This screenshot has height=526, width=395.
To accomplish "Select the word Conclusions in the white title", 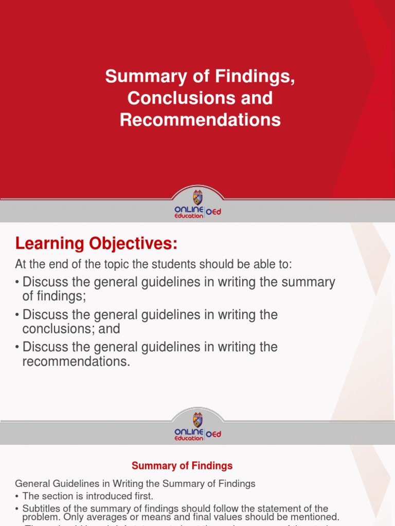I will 174,98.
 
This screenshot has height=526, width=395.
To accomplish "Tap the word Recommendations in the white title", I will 200,120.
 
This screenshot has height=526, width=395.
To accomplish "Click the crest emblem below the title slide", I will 197,198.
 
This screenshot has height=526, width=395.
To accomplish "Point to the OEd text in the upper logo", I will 213,212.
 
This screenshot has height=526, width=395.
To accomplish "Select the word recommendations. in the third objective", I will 76,361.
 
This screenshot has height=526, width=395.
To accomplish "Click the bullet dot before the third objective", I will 17,347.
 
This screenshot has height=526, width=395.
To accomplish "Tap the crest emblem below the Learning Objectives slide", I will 197,419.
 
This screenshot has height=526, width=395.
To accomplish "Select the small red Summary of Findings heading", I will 182,466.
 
